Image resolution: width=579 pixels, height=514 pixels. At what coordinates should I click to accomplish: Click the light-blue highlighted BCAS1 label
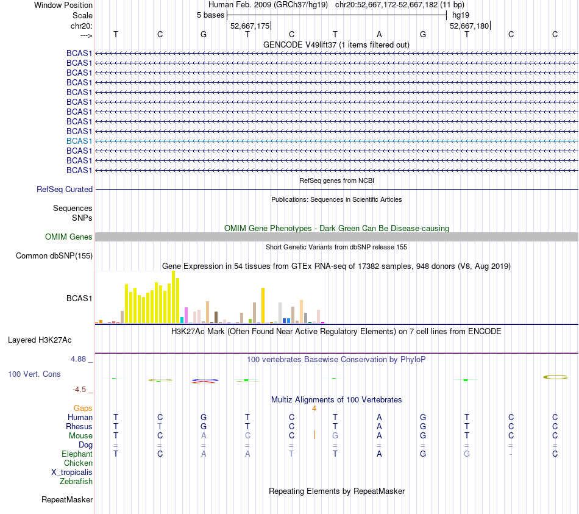click(79, 141)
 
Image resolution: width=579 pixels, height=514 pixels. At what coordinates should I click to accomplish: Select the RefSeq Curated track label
click(65, 190)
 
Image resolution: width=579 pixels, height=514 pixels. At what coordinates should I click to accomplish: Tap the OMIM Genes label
click(69, 237)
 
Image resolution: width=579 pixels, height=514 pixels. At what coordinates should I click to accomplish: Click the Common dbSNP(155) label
click(54, 256)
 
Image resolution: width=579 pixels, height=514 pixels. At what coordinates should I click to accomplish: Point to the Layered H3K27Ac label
click(43, 340)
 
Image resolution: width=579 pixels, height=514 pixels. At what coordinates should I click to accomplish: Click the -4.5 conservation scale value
click(79, 389)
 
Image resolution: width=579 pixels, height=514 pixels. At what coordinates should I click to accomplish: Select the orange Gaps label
click(83, 408)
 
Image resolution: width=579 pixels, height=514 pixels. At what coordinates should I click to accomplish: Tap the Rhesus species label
click(80, 426)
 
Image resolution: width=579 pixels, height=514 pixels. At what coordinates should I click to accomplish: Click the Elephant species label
click(77, 454)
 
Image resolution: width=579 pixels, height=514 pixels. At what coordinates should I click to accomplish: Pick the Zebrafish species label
click(76, 481)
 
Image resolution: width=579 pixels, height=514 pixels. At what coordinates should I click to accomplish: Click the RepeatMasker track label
click(67, 500)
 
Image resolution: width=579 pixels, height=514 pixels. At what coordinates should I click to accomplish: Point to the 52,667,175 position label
click(250, 26)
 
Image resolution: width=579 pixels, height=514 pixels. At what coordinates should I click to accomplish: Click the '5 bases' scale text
click(210, 15)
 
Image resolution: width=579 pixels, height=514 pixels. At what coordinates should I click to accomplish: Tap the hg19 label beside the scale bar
click(461, 15)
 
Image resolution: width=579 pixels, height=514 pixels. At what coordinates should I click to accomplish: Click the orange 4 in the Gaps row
click(314, 408)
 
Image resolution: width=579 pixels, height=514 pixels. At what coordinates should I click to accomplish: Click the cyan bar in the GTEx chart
click(182, 320)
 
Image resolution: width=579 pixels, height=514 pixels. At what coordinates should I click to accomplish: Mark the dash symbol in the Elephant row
click(511, 454)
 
